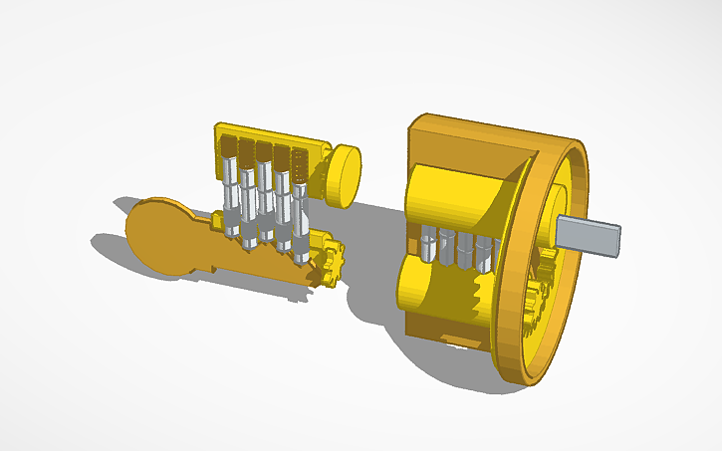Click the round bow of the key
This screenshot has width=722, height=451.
tap(164, 235)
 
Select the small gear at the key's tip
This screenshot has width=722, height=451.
tap(331, 263)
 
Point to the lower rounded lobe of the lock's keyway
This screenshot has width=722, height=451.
tap(428, 294)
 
